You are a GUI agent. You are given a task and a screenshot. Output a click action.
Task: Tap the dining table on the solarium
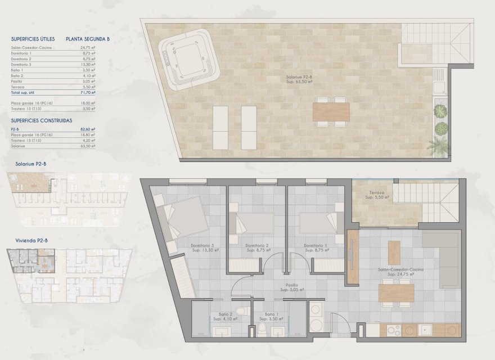coord(331,111)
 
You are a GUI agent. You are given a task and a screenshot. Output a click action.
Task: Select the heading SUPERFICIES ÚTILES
coord(33,39)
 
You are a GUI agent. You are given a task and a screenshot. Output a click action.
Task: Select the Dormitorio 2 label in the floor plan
coord(256,246)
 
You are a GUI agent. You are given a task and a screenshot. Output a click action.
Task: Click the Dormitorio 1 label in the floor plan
coord(314,246)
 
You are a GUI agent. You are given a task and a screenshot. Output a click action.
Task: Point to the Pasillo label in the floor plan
coord(291,285)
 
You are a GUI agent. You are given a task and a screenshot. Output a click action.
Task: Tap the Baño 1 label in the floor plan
coord(271,315)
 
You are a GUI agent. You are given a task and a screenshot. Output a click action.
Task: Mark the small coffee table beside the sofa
coord(394,253)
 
